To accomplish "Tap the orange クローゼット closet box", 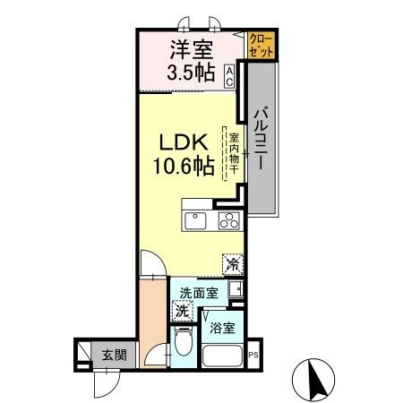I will [x=262, y=46].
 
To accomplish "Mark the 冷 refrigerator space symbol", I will [x=232, y=264].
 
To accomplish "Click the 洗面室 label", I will [x=197, y=292].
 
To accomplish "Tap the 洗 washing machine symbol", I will [x=182, y=313].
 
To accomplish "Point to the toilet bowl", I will [x=183, y=344].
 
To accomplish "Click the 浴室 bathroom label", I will [x=223, y=328].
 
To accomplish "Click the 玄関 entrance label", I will [x=112, y=355].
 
